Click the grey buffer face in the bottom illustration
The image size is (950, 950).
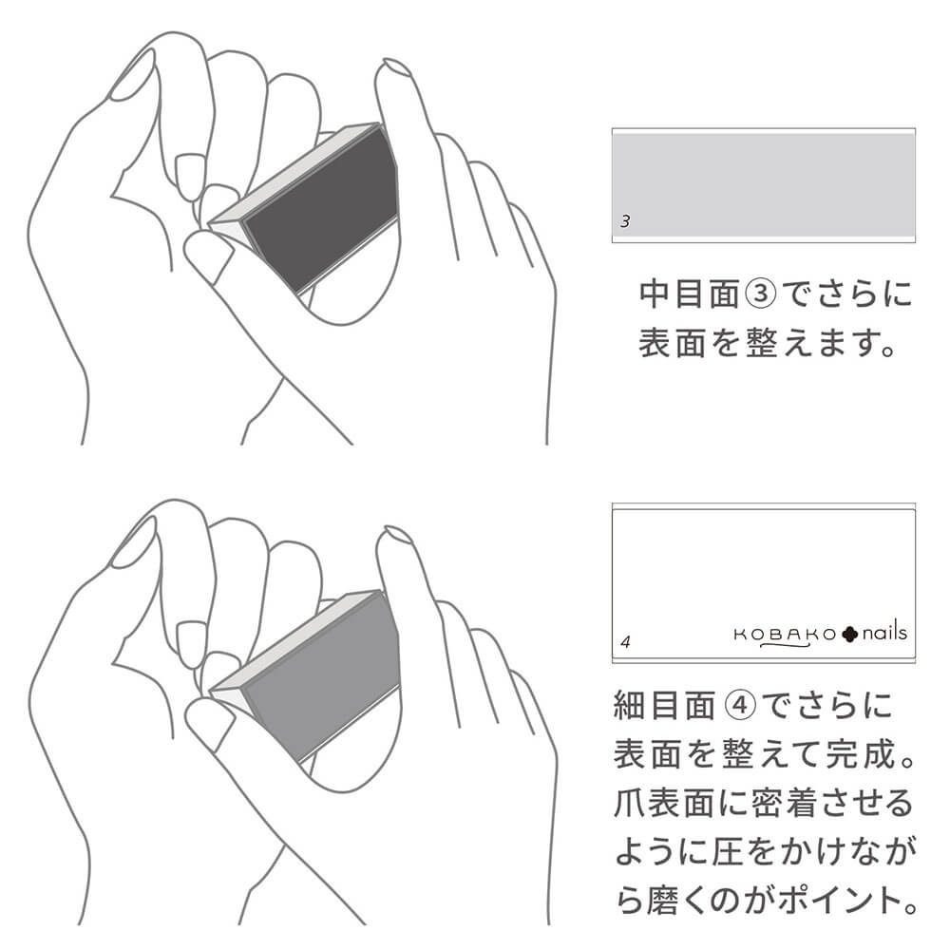pyautogui.click(x=322, y=677)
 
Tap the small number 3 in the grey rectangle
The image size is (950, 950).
pyautogui.click(x=625, y=221)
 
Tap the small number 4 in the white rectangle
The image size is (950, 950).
pyautogui.click(x=626, y=642)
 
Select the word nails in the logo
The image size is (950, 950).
pyautogui.click(x=884, y=632)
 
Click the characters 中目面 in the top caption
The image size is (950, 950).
pyautogui.click(x=690, y=294)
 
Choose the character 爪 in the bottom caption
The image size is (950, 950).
pyautogui.click(x=630, y=804)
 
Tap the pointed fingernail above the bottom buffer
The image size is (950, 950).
pyautogui.click(x=397, y=536)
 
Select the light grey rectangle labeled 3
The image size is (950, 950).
pyautogui.click(x=764, y=185)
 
